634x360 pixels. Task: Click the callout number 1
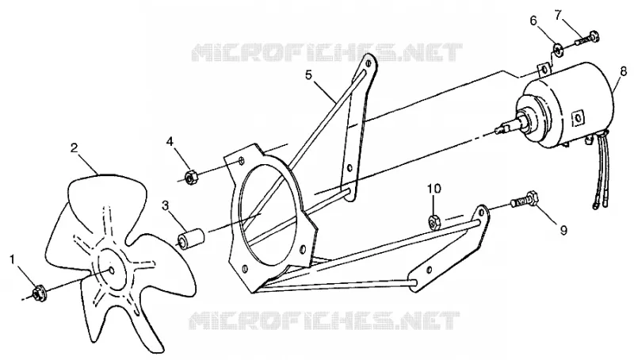coord(13,259)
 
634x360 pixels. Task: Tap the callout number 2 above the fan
coord(74,147)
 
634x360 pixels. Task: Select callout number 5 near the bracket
coord(309,75)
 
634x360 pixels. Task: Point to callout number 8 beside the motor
coord(623,71)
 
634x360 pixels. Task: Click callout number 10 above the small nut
coord(435,189)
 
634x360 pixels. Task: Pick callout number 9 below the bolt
coord(563,230)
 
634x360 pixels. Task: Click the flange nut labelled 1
coord(38,292)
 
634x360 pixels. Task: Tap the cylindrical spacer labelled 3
coord(191,239)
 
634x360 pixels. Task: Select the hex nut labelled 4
coord(190,177)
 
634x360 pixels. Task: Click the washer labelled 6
coord(558,50)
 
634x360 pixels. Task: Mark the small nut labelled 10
coord(434,221)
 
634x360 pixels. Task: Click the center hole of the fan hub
coord(111,269)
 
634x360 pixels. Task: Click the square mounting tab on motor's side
coord(578,117)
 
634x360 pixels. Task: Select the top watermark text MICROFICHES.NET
coord(327,53)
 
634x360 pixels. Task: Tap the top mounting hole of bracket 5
coord(368,64)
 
